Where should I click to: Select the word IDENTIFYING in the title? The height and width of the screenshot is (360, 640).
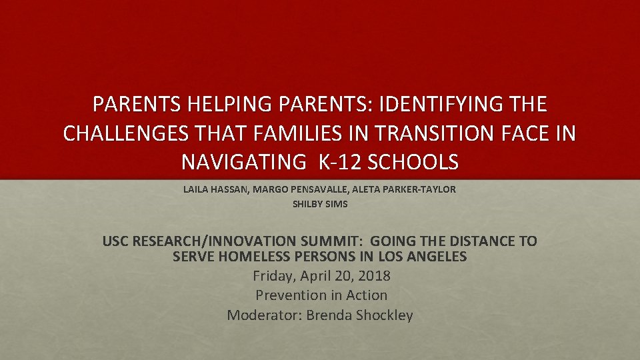(439, 105)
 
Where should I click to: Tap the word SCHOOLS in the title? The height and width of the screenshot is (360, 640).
(417, 162)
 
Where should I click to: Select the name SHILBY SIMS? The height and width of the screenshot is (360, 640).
(320, 204)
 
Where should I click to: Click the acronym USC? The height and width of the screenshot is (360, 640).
(117, 241)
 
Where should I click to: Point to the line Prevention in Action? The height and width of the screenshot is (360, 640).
(321, 295)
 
